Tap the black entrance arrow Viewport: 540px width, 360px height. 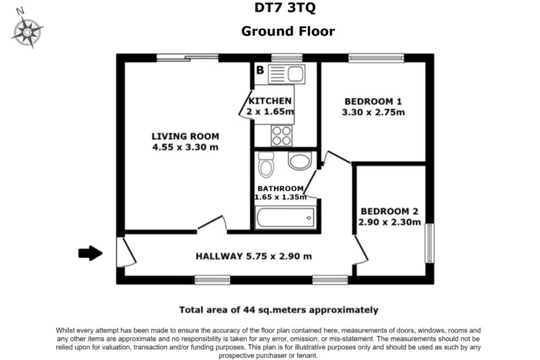pos(90,253)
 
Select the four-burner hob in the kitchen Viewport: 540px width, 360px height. pos(281,136)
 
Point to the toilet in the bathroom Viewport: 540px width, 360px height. pos(265,164)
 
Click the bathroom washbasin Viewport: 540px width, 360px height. pos(298,161)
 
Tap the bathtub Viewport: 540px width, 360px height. pos(285,218)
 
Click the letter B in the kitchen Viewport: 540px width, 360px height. pos(260,70)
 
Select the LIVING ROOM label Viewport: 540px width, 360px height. pos(185,137)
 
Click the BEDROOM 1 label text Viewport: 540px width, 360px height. pos(373,101)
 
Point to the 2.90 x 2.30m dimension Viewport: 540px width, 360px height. pos(389,222)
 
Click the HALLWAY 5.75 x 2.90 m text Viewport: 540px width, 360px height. pos(253,256)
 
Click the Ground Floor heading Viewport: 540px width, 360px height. pos(288,31)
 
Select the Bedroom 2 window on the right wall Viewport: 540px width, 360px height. pos(429,243)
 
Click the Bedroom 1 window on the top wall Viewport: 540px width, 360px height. pos(376,58)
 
